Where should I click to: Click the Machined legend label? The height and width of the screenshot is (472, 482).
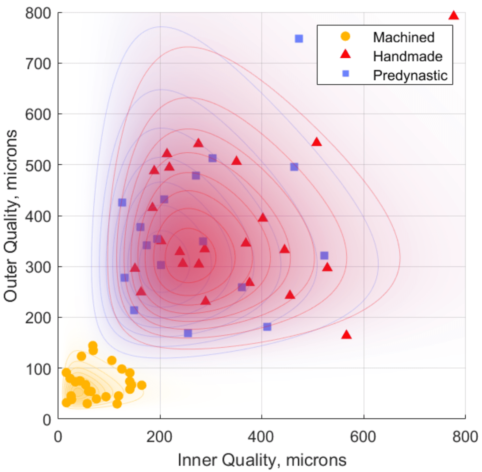(x=404, y=37)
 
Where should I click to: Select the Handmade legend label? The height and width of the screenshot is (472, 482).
(x=408, y=56)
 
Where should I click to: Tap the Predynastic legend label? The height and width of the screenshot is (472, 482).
(x=410, y=75)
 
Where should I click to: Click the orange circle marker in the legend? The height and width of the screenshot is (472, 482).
(x=345, y=36)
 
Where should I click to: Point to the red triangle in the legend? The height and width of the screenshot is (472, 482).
(x=345, y=54)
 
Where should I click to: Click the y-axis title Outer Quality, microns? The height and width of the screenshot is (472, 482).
(x=11, y=216)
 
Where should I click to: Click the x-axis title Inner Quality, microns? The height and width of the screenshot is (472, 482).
(x=262, y=460)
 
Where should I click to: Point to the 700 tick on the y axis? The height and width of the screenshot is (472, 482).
(x=38, y=63)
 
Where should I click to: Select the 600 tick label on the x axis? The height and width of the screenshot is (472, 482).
(x=363, y=437)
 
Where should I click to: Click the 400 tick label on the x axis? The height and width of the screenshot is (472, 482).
(x=261, y=437)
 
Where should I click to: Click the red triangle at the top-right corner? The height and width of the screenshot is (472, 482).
(x=454, y=15)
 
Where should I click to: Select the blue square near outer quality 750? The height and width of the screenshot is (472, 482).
(x=299, y=39)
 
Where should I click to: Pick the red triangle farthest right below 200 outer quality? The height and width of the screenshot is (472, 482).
(x=346, y=334)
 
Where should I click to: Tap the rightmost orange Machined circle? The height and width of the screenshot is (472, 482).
(x=142, y=385)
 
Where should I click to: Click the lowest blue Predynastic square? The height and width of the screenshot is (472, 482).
(x=188, y=333)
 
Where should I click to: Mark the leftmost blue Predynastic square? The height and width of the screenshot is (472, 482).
(x=122, y=203)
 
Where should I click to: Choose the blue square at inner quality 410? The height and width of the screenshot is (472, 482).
(x=267, y=327)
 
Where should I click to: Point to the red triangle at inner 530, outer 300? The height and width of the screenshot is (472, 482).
(x=327, y=267)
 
